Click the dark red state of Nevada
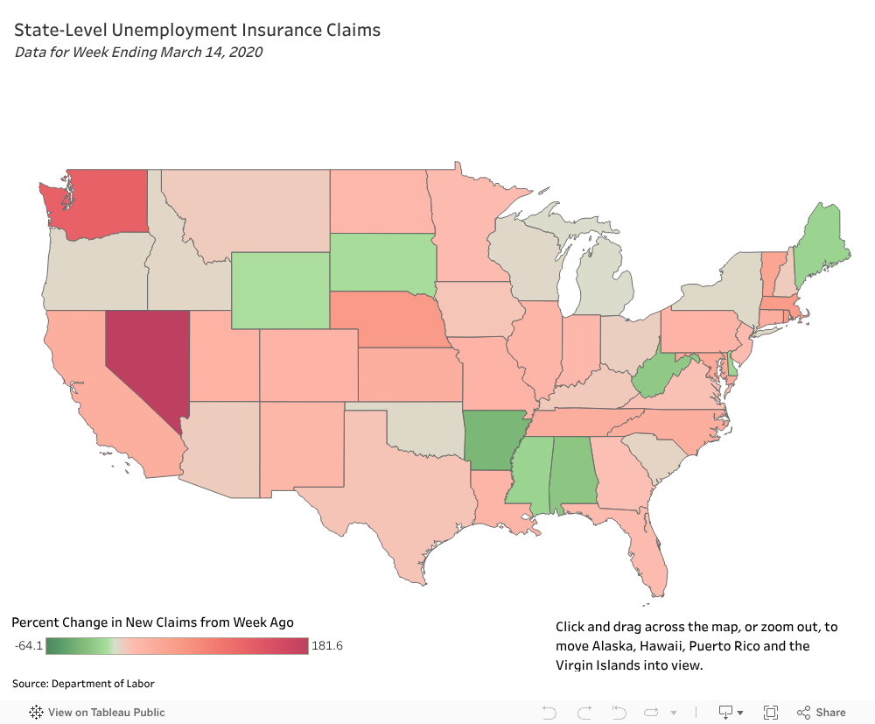pos(143,359)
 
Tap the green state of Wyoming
pos(280,289)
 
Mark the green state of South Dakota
pos(383,261)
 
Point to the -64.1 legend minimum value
pos(29,646)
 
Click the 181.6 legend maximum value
pos(327,646)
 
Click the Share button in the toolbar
pos(822,713)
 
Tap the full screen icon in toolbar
pos(771,713)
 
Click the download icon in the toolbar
pos(725,713)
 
